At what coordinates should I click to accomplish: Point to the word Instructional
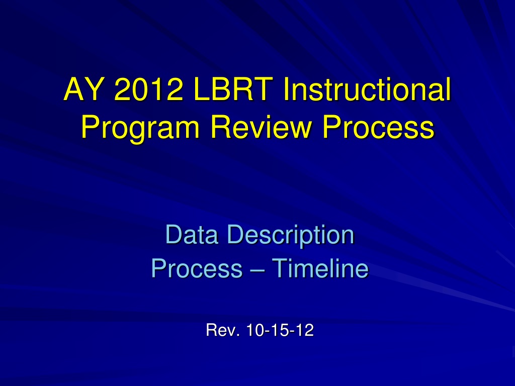(367, 89)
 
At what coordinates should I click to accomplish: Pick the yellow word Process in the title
(378, 127)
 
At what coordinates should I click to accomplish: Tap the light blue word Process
(197, 268)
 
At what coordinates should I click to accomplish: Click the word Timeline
(320, 268)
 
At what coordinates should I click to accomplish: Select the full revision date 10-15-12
(280, 330)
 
